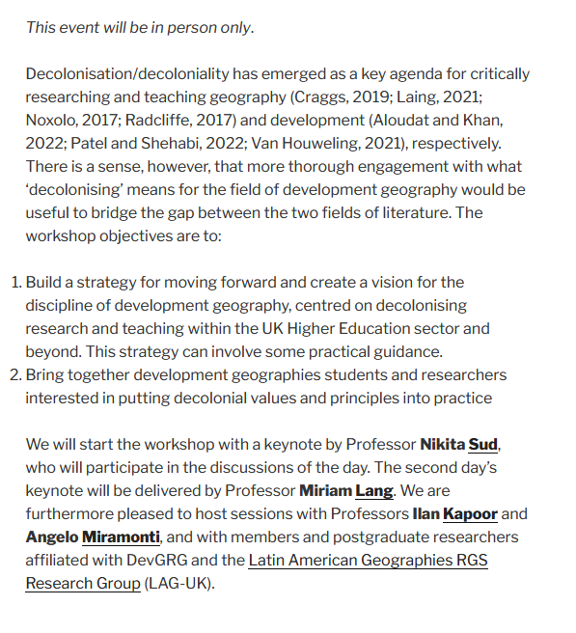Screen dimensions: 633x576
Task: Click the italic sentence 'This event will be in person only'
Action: tap(140, 27)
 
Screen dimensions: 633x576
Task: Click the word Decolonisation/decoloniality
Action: tap(125, 74)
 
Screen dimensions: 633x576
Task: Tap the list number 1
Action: tap(14, 283)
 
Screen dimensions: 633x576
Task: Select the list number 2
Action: tap(14, 374)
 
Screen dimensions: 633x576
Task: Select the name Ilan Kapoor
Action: tap(454, 514)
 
